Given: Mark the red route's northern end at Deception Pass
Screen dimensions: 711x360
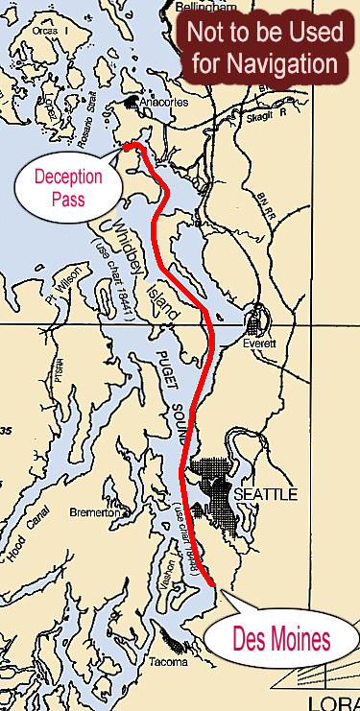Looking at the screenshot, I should point(128,146).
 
